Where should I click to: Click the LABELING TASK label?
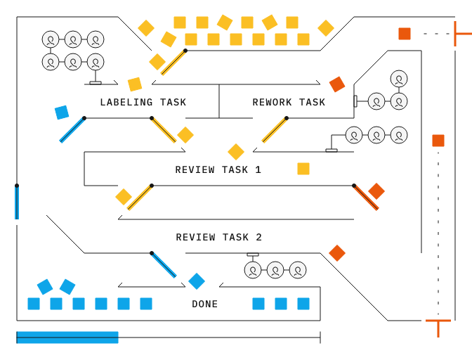point(143,103)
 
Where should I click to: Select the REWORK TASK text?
point(289,103)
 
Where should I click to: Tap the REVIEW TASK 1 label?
point(218,170)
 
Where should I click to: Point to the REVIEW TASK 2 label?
point(218,238)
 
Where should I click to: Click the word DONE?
point(204,304)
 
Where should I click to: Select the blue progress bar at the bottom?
point(67,337)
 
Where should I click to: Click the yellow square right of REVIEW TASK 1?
point(303,169)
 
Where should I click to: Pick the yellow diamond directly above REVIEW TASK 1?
point(236,152)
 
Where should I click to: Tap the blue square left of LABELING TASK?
point(62,112)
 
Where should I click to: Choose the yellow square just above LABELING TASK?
point(135,84)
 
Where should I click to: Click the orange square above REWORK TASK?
point(337,84)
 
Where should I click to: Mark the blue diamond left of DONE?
point(197,281)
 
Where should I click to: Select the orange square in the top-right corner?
point(405,34)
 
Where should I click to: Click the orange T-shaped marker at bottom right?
point(438,326)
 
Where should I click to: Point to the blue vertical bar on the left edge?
point(16,202)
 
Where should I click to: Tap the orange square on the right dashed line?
point(438,141)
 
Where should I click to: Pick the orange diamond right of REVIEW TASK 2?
point(337,253)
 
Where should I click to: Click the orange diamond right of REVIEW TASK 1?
point(376,191)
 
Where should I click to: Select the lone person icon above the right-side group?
point(399,79)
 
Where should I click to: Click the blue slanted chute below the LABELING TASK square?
point(72,130)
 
